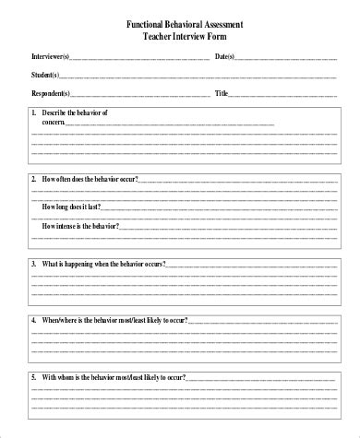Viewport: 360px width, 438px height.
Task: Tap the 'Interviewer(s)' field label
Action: click(50, 57)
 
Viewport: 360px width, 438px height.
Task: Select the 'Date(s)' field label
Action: click(224, 57)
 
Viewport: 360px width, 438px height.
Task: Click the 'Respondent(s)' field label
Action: click(50, 94)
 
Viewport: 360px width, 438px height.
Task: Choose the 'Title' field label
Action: click(221, 94)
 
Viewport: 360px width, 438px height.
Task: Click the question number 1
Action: click(33, 112)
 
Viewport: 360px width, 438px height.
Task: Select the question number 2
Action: click(33, 178)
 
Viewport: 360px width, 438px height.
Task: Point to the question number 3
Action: click(33, 264)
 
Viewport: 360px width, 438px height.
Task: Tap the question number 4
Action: click(33, 321)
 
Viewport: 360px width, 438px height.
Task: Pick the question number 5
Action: click(33, 378)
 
